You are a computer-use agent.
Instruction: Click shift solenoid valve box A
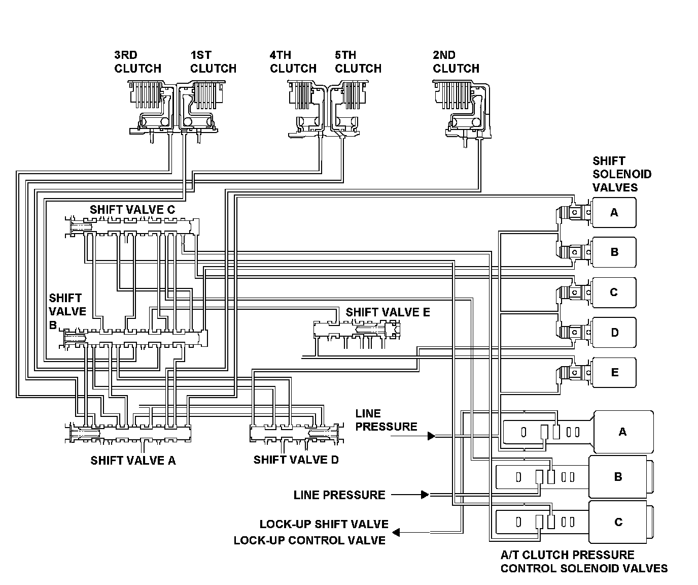click(x=614, y=212)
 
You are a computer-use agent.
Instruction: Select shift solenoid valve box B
click(x=614, y=252)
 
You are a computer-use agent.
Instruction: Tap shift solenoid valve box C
click(x=614, y=292)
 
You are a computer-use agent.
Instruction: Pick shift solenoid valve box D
click(x=614, y=333)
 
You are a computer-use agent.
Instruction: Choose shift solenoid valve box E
click(x=614, y=373)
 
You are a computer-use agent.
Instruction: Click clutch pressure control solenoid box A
click(x=623, y=432)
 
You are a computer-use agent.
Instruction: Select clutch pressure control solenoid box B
click(x=618, y=477)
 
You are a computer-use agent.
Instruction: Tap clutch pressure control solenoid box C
click(x=618, y=522)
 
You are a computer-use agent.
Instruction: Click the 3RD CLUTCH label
click(x=137, y=62)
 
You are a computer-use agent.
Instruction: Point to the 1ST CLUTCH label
click(x=213, y=62)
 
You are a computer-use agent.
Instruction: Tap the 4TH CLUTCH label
click(x=293, y=62)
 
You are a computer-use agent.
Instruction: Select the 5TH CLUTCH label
click(x=358, y=62)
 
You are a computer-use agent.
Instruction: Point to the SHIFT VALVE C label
click(x=132, y=210)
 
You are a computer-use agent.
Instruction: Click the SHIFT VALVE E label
click(x=388, y=312)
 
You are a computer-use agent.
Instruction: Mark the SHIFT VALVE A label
click(x=133, y=461)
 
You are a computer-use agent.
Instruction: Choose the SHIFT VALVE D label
click(x=296, y=460)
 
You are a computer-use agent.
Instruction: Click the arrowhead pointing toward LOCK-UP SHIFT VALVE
click(x=397, y=532)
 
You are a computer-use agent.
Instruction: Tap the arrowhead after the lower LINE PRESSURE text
click(x=425, y=495)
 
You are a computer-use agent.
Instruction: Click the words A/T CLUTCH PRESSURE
click(x=567, y=555)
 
